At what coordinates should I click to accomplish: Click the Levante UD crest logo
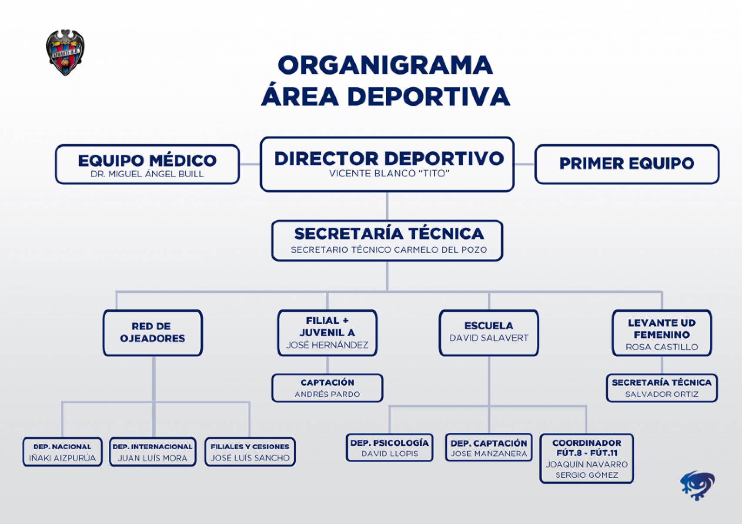(65, 53)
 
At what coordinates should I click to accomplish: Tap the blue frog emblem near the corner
(698, 485)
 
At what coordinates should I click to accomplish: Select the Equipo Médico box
(147, 165)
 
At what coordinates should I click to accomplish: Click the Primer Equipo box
(626, 164)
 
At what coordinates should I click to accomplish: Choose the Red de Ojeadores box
(152, 333)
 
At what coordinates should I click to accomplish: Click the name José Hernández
(327, 345)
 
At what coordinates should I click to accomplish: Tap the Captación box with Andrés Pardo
(327, 388)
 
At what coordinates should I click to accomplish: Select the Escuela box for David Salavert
(489, 333)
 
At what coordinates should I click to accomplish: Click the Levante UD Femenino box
(662, 333)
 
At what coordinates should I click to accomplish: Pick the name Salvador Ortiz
(662, 395)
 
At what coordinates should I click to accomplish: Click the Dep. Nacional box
(62, 452)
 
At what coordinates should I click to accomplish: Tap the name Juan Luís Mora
(152, 458)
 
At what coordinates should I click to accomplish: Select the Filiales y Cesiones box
(250, 452)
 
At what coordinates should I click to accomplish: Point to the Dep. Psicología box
(389, 448)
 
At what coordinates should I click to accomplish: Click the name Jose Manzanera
(489, 454)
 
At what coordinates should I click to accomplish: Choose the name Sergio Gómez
(586, 475)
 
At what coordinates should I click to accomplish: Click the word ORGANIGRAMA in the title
(385, 65)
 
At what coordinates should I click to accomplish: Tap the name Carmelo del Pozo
(441, 250)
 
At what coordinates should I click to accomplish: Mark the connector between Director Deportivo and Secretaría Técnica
(387, 206)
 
